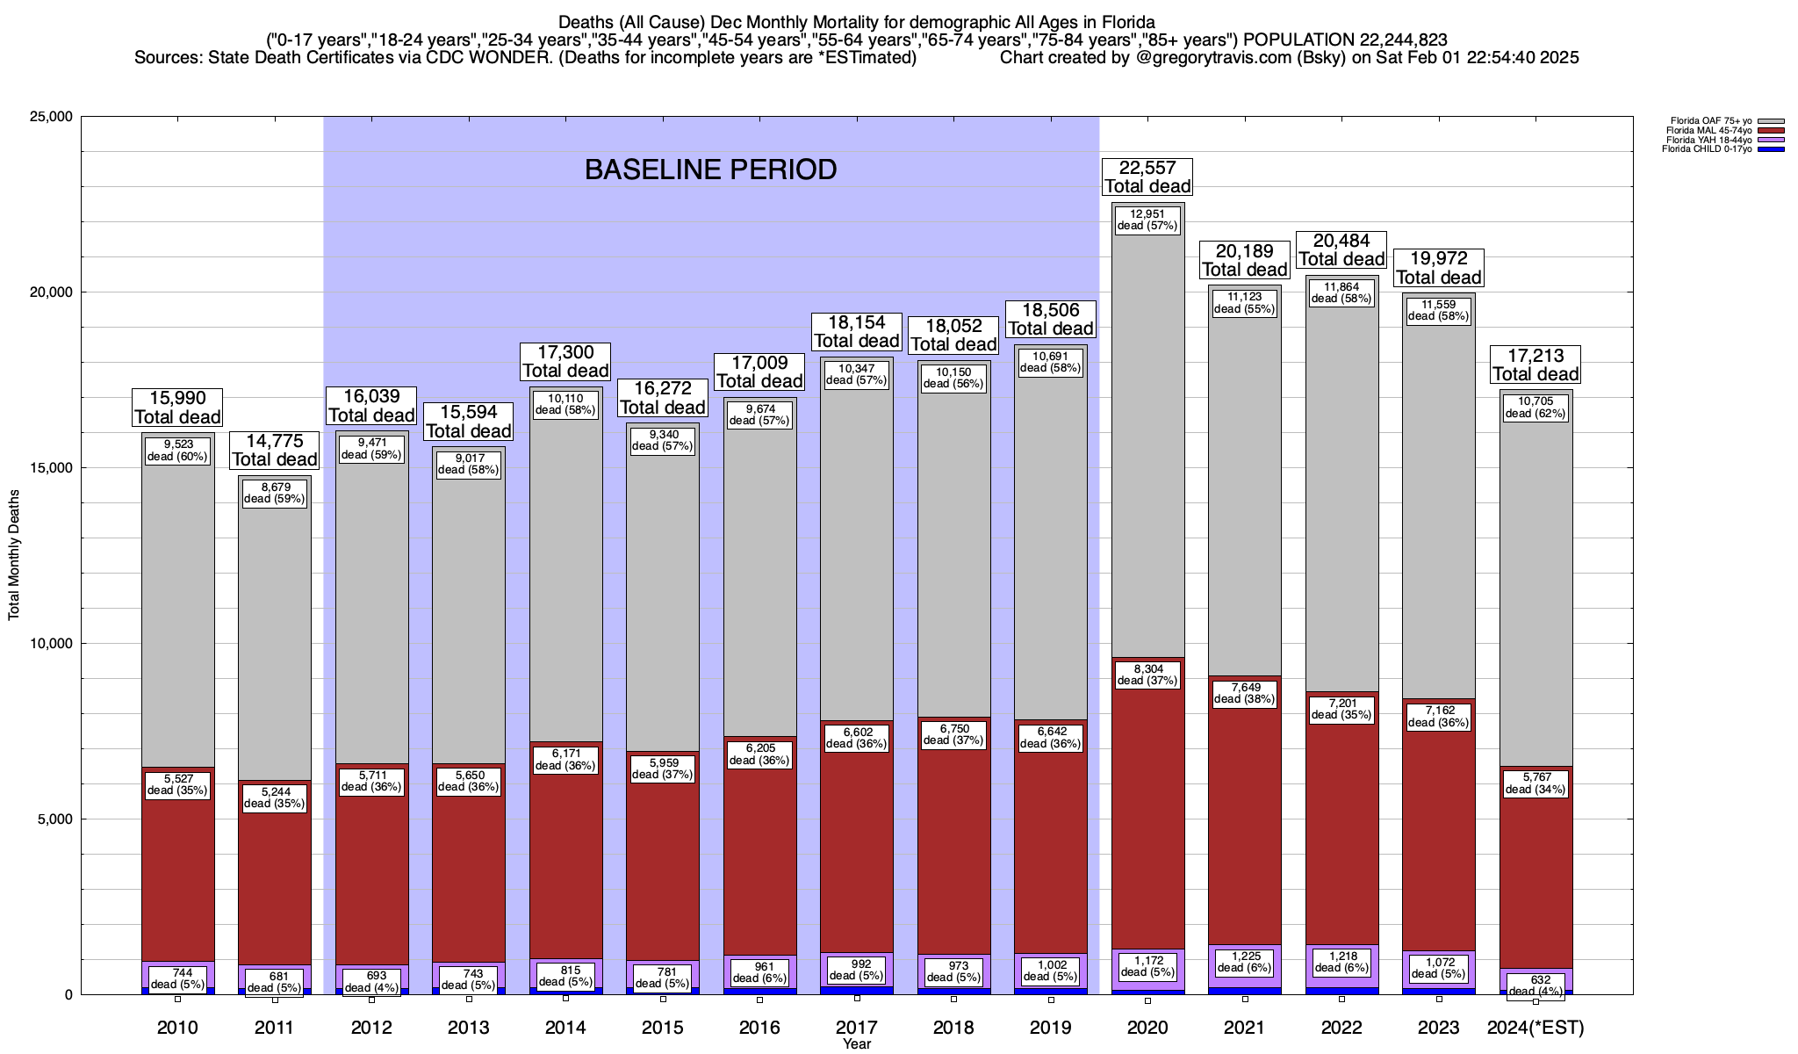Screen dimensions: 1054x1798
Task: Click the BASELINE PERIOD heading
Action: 710,170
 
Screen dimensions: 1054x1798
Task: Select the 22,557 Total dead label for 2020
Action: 1147,177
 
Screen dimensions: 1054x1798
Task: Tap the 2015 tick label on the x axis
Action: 662,1028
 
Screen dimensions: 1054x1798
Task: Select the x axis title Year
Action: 856,1044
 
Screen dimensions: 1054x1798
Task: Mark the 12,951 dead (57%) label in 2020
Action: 1147,220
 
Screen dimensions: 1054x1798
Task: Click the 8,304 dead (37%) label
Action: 1147,674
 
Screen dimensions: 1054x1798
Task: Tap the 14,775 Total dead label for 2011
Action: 274,450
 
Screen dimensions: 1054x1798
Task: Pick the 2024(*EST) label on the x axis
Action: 1535,1028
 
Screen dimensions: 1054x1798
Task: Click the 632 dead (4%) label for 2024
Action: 1535,985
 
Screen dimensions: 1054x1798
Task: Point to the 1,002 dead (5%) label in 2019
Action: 1051,970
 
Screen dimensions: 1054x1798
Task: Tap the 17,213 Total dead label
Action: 1535,365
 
